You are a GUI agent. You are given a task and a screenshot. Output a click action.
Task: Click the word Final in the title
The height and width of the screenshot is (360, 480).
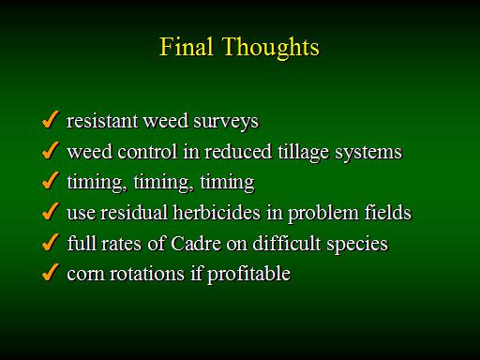[187, 47]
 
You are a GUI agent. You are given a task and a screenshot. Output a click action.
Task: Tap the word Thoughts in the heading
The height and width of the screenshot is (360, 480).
[271, 48]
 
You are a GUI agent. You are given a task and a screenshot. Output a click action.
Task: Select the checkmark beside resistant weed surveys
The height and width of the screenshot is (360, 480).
[51, 119]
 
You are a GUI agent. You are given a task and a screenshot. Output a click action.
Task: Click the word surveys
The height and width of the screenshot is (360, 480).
[226, 122]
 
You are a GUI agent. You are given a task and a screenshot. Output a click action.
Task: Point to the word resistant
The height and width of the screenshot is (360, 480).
[102, 121]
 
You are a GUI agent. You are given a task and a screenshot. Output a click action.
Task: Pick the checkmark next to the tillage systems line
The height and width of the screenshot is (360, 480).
[51, 150]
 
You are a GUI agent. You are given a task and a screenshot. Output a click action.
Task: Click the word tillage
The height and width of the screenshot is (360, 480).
[304, 153]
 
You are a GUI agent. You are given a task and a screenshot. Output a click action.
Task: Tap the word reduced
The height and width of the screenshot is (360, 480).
[238, 152]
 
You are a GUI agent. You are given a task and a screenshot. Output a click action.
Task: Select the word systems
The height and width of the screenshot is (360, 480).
[368, 153]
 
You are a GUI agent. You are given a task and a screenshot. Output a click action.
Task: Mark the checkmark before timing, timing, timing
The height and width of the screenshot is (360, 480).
[51, 180]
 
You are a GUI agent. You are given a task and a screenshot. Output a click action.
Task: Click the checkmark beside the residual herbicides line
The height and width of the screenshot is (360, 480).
[51, 211]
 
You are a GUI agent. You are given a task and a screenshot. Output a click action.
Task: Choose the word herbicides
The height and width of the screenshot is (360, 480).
[217, 212]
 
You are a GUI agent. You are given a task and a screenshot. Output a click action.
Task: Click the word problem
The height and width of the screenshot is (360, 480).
[323, 214]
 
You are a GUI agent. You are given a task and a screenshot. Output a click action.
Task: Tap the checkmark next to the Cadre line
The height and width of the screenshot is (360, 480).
[51, 242]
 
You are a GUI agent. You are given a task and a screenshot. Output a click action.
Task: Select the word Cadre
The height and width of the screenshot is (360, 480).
[196, 243]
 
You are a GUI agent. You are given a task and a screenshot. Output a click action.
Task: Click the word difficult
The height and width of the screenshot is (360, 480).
[287, 243]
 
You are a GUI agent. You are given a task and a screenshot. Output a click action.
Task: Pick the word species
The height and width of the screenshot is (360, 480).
[357, 244]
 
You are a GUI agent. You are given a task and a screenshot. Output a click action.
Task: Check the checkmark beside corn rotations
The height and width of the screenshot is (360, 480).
[51, 272]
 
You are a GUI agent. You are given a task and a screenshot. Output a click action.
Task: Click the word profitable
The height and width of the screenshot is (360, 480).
[249, 275]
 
